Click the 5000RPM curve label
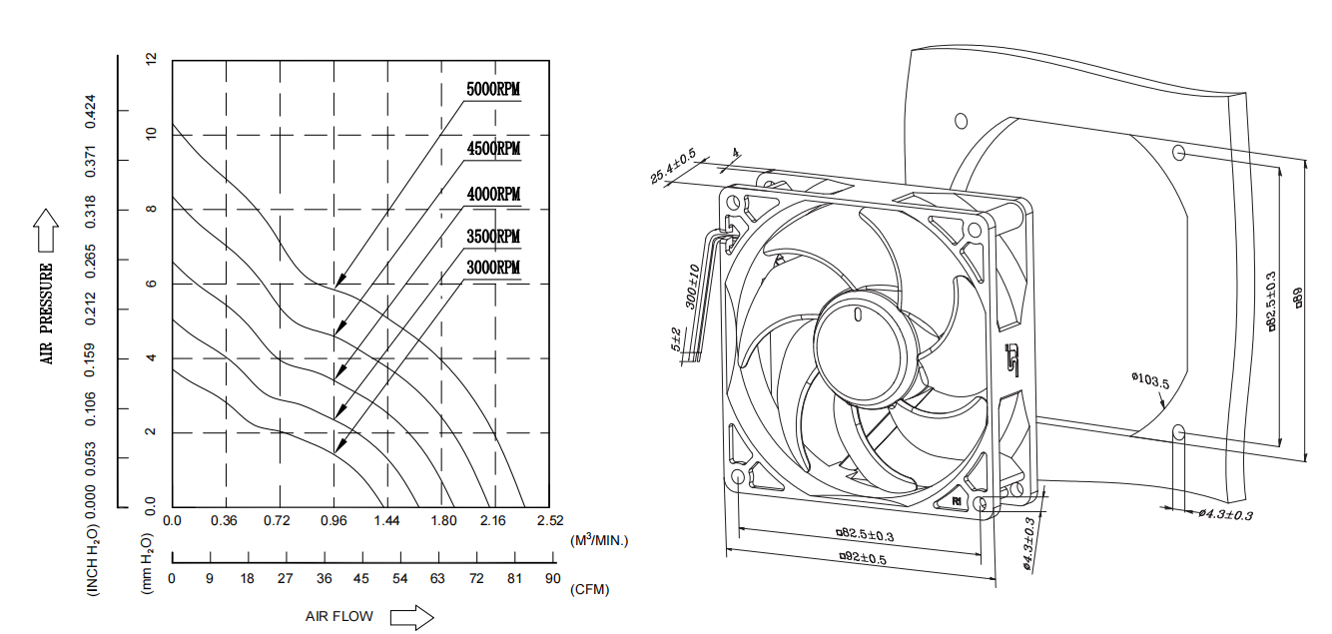pos(493,89)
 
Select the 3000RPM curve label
pos(493,268)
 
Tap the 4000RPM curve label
pos(493,193)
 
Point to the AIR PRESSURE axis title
pos(47,314)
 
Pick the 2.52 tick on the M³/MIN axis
pos(550,521)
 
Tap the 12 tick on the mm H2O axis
pos(152,60)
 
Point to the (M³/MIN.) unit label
pos(599,540)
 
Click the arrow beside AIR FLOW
pos(411,617)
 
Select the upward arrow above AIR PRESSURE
pos(46,231)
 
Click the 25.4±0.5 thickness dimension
pos(673,166)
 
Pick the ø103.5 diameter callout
pos(1149,379)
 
